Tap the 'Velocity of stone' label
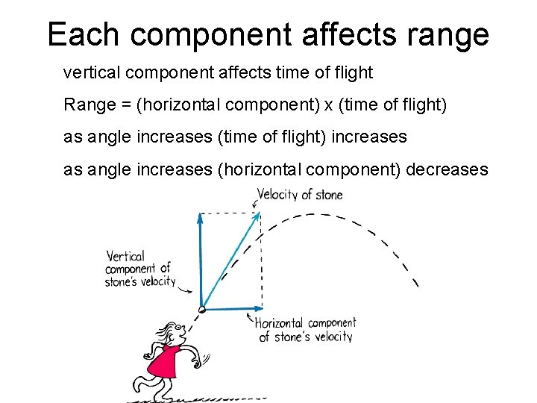tap(300, 195)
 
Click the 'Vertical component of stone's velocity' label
tap(139, 269)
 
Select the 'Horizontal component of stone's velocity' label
tap(305, 330)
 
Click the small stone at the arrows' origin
tap(201, 308)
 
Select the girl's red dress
tap(165, 362)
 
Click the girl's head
tap(173, 332)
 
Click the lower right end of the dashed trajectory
tap(416, 284)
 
